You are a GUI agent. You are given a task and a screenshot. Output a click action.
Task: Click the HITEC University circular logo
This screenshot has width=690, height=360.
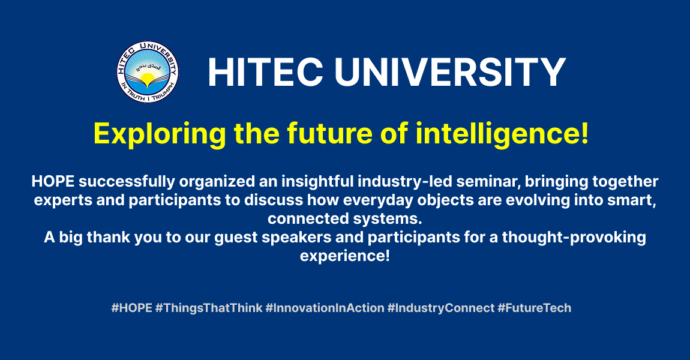[148, 72]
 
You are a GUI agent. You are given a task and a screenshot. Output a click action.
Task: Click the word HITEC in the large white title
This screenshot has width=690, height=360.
[266, 72]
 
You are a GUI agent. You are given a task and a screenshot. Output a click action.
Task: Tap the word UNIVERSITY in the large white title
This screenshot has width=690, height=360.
[450, 72]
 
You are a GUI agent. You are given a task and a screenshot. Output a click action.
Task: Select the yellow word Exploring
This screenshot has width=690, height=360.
[160, 134]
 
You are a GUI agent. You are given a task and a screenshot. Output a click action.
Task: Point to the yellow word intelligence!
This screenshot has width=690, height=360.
[502, 134]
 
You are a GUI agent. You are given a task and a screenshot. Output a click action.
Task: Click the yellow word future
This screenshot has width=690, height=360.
[330, 134]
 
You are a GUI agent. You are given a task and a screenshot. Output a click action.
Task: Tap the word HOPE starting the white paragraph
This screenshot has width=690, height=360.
[53, 181]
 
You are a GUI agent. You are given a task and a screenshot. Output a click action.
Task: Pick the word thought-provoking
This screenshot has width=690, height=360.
[574, 238]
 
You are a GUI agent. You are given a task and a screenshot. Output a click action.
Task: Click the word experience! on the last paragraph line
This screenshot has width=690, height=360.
[345, 256]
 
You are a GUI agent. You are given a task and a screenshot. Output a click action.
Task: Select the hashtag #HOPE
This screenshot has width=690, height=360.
[131, 308]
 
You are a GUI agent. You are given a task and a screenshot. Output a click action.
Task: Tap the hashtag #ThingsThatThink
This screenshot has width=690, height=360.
[209, 308]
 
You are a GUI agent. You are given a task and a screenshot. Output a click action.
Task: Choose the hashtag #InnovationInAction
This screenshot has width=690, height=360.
[325, 308]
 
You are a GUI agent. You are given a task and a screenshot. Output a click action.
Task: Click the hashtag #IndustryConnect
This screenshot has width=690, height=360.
[441, 308]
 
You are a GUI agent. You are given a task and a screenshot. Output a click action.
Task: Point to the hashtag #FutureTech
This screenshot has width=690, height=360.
[534, 308]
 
